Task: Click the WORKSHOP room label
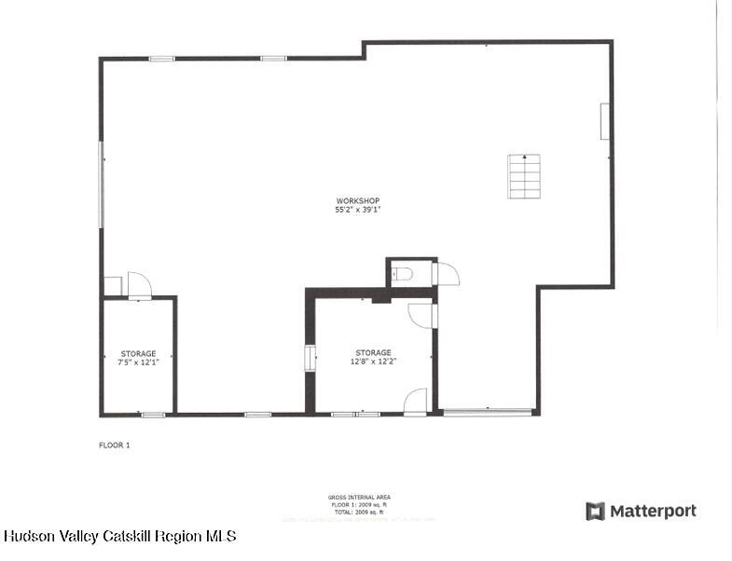tap(358, 201)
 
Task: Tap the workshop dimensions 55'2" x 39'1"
tap(358, 211)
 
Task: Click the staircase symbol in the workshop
tap(524, 175)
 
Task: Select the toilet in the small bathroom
tap(402, 274)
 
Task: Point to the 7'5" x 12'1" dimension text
tap(138, 362)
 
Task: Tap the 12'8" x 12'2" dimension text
tap(373, 362)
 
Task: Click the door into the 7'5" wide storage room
tap(139, 285)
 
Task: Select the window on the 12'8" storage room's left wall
tap(311, 358)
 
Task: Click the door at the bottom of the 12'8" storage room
tap(416, 402)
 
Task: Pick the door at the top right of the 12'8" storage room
tap(421, 315)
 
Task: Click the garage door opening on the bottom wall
tap(487, 412)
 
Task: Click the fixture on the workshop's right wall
tap(605, 121)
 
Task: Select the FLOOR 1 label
tap(115, 445)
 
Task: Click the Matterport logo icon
tap(595, 511)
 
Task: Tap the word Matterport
tap(653, 511)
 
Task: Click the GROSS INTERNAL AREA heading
tap(359, 498)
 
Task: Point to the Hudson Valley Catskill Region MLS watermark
tap(119, 536)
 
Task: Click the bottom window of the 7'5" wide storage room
tap(153, 414)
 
